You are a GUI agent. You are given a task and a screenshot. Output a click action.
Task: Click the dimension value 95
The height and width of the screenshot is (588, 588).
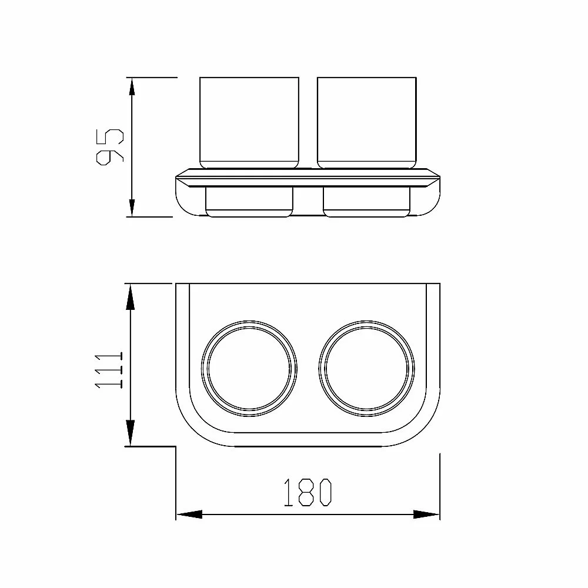tap(110, 147)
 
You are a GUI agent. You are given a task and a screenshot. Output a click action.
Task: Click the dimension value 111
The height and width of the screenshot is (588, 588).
tap(109, 370)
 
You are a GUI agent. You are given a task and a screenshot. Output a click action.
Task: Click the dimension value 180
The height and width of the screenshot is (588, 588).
tap(308, 492)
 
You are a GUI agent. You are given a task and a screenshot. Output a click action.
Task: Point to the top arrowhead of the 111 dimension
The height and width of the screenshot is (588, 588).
tap(130, 296)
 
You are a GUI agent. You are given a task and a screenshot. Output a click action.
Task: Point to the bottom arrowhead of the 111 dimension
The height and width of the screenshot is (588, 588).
tap(130, 433)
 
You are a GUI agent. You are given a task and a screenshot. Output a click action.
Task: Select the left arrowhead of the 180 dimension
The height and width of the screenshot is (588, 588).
tap(189, 514)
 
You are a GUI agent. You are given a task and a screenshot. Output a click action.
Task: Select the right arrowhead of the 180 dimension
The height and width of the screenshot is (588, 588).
tap(426, 514)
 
